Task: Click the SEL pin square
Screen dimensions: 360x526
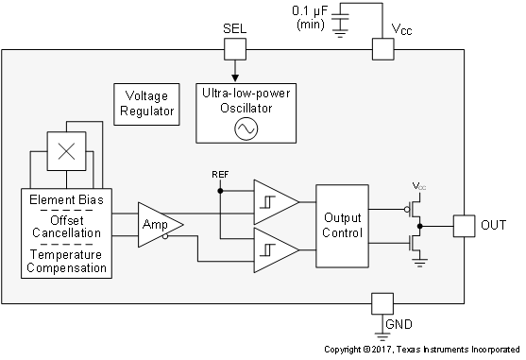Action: point(233,50)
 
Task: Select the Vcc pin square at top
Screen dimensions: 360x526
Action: point(382,50)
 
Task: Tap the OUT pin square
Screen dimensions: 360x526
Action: point(464,226)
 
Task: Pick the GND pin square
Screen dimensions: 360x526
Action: point(382,303)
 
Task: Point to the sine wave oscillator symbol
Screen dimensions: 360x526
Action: point(246,129)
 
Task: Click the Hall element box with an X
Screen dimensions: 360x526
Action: point(66,150)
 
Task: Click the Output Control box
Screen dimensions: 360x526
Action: point(341,226)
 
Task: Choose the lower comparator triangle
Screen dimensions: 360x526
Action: point(273,250)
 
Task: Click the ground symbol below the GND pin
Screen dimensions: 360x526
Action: point(382,331)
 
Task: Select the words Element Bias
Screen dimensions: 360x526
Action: point(66,200)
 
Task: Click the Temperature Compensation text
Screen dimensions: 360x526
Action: point(66,262)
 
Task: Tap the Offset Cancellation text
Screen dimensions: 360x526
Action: point(66,227)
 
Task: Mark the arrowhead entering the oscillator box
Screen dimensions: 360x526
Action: point(233,78)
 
